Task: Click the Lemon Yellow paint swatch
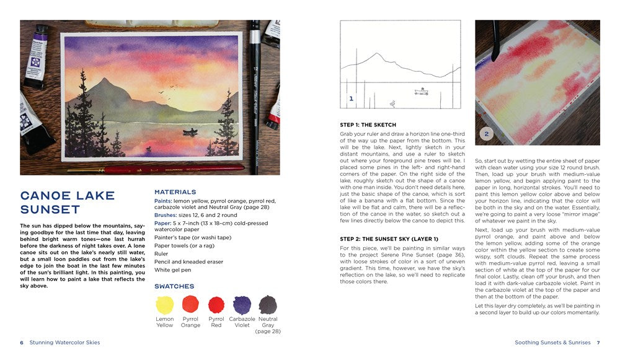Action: pos(165,305)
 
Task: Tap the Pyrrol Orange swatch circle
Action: pos(190,304)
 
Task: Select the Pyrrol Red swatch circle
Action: pos(216,305)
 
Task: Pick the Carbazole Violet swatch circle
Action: pos(242,305)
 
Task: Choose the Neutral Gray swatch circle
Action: pos(268,305)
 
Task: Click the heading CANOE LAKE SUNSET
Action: pos(68,203)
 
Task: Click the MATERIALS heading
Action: pos(175,192)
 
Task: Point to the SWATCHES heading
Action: pos(174,286)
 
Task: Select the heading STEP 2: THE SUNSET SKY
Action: pos(389,239)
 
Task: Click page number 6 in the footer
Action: pos(22,342)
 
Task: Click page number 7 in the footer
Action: pos(598,342)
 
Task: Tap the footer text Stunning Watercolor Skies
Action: pos(64,342)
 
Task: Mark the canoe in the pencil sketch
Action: pos(422,92)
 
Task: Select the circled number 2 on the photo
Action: pos(487,133)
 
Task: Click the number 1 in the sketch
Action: pos(351,99)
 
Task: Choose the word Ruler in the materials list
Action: pos(161,253)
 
